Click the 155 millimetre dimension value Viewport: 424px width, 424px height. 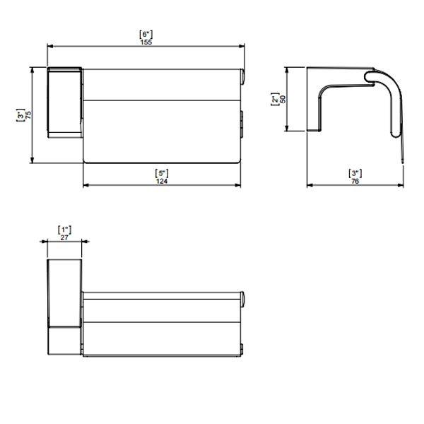(146, 42)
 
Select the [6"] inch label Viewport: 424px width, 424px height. (146, 35)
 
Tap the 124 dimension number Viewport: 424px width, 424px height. (162, 181)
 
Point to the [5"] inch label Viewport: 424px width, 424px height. (162, 173)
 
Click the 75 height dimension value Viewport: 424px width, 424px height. (28, 115)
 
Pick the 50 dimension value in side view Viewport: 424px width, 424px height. (283, 99)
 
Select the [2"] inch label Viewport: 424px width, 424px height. (275, 99)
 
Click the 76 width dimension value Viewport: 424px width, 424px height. (355, 181)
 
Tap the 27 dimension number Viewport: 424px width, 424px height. (64, 237)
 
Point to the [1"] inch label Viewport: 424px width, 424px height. (65, 230)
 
